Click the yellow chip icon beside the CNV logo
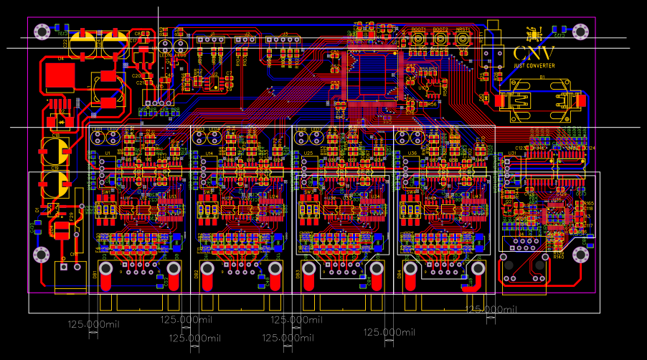pos(533,34)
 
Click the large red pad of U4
pos(59,76)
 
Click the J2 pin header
pos(245,40)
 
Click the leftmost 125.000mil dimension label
pos(93,324)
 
